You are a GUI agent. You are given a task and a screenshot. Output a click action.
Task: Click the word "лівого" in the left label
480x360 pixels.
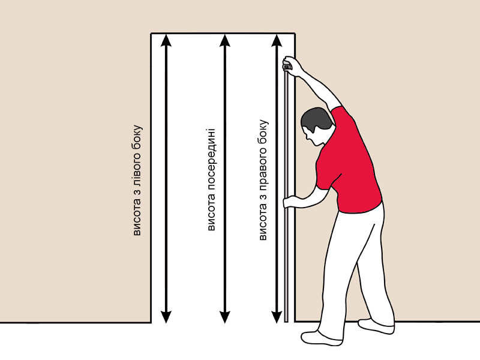click(x=137, y=171)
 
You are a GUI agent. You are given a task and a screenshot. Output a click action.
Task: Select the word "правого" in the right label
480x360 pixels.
click(x=263, y=165)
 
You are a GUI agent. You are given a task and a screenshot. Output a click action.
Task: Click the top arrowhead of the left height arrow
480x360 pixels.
click(x=166, y=40)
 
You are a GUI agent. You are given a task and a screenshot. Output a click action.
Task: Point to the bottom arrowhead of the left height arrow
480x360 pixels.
click(x=166, y=317)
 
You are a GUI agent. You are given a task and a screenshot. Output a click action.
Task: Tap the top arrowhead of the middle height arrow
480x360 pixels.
click(x=224, y=40)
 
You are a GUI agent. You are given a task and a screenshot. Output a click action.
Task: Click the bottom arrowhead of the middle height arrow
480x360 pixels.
click(x=224, y=317)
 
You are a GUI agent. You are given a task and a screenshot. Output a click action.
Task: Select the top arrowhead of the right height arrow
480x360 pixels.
click(x=277, y=40)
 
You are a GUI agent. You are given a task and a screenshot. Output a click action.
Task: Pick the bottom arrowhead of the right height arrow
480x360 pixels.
click(x=277, y=317)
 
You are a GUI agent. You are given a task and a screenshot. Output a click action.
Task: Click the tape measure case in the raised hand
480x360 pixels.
click(x=287, y=65)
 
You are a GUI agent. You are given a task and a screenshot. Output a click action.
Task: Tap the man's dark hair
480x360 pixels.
click(x=316, y=120)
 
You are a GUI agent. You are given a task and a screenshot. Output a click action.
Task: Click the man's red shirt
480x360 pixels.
click(x=347, y=162)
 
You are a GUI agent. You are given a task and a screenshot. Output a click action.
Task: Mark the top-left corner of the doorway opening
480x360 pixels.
click(x=151, y=33)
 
